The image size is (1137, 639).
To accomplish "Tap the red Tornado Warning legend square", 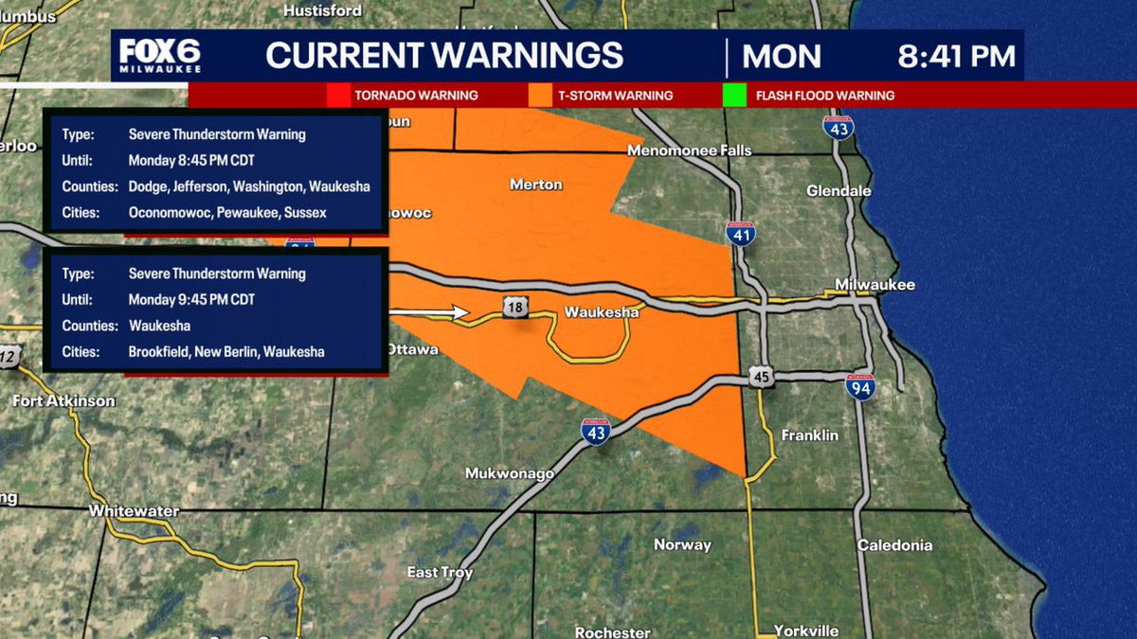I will (338, 96).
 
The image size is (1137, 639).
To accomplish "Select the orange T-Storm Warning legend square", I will (541, 96).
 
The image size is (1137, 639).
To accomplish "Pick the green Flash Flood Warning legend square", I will (734, 96).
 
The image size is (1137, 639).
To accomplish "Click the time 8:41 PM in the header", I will (956, 56).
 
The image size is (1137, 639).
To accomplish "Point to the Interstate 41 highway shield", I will (741, 233).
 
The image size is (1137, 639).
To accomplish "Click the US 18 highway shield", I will (514, 305).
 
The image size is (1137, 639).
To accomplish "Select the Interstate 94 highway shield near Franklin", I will (860, 385).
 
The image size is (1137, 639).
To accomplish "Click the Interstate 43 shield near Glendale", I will (838, 127).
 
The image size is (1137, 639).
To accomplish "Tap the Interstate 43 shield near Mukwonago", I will (596, 431).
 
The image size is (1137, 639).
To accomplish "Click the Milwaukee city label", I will (874, 285).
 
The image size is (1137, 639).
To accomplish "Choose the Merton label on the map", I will (535, 185).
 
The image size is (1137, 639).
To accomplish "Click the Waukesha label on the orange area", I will (604, 311).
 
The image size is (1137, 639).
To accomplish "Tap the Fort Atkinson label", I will (63, 400).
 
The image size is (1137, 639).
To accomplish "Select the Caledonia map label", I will (894, 545).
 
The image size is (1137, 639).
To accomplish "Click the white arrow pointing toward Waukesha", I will (430, 311).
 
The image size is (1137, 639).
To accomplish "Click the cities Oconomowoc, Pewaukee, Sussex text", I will (227, 213).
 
